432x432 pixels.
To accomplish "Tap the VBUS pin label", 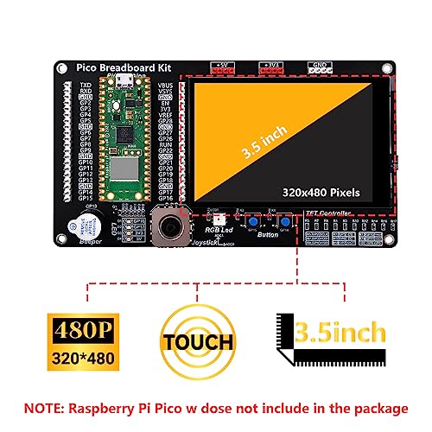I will coord(166,85).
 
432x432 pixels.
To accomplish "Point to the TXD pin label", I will coord(86,85).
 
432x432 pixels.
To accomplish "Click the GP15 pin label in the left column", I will coord(86,198).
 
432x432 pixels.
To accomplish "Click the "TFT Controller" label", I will coord(327,213).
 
